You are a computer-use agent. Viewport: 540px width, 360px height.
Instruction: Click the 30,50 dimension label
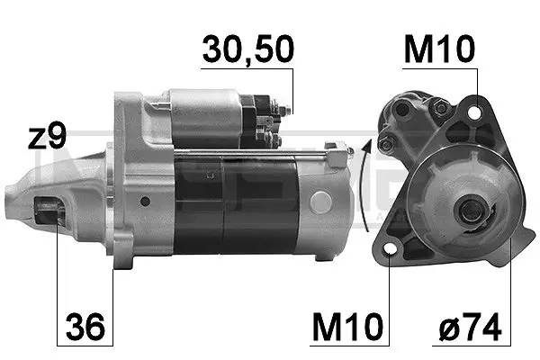tap(248, 49)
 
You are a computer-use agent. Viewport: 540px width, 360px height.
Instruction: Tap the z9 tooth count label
tap(47, 138)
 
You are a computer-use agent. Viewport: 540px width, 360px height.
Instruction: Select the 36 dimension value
tap(85, 326)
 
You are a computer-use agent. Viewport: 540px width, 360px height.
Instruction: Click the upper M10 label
tap(439, 49)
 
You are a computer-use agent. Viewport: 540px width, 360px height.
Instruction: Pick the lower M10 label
tap(347, 326)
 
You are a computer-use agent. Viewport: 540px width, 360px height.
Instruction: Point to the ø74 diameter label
tap(470, 327)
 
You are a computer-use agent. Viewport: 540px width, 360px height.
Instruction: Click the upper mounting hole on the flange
tap(475, 112)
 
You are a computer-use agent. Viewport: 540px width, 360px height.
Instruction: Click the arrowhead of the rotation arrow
tap(368, 146)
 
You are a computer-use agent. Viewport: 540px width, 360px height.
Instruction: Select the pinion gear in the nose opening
tap(49, 210)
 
